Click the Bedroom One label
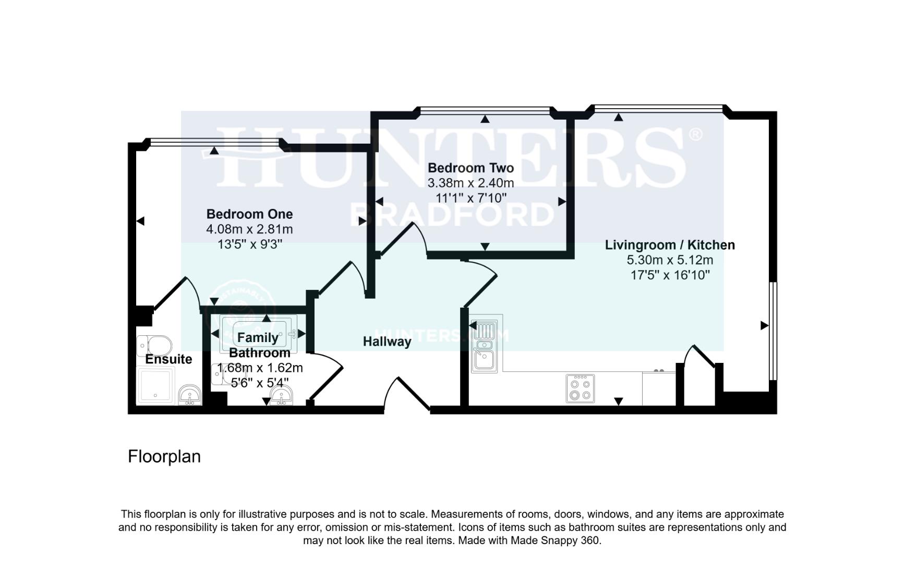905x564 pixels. click(249, 214)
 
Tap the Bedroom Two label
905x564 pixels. click(470, 168)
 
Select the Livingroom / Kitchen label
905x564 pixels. click(670, 245)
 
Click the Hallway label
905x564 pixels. click(387, 342)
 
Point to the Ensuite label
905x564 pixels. click(168, 359)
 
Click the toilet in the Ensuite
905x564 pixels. click(154, 345)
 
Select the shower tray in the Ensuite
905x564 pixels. click(155, 385)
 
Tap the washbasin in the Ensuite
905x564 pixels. click(190, 395)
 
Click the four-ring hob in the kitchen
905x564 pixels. click(580, 389)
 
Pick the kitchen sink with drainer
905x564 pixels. click(485, 345)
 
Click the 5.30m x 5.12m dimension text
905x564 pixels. click(670, 260)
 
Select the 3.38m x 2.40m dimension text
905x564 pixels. click(470, 183)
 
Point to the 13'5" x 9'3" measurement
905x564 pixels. click(249, 244)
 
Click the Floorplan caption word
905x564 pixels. click(164, 456)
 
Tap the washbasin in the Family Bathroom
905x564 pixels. click(282, 396)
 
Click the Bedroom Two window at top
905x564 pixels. click(485, 110)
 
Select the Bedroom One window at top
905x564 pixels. click(214, 140)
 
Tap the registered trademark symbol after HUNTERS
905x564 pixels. click(695, 135)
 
